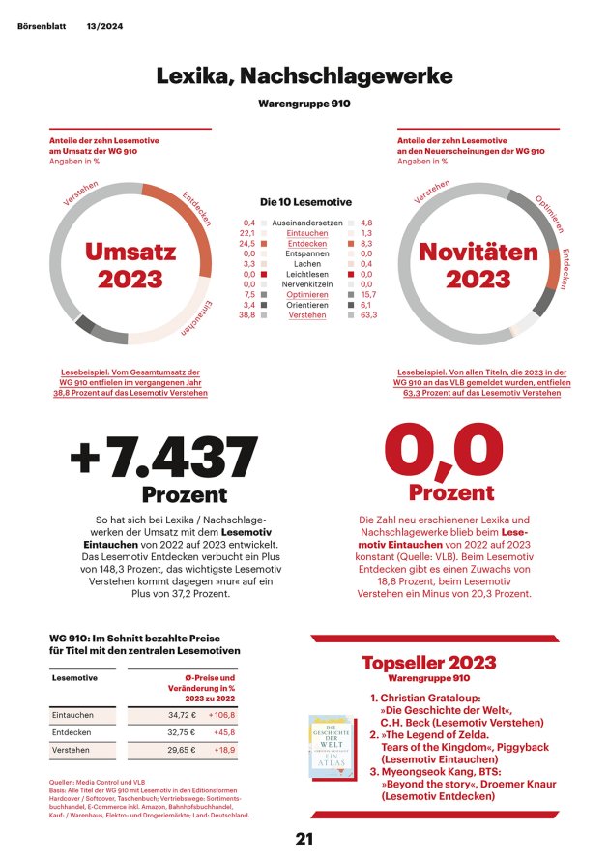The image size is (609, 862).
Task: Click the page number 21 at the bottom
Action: [304, 839]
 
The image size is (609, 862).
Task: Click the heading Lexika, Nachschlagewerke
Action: [304, 75]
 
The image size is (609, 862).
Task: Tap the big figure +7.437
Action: [164, 458]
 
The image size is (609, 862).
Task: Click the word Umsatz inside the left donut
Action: [130, 252]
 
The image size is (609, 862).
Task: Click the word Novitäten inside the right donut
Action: [478, 252]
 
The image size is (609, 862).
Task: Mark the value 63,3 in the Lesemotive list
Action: [368, 315]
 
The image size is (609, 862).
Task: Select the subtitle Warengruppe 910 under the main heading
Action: [304, 102]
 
